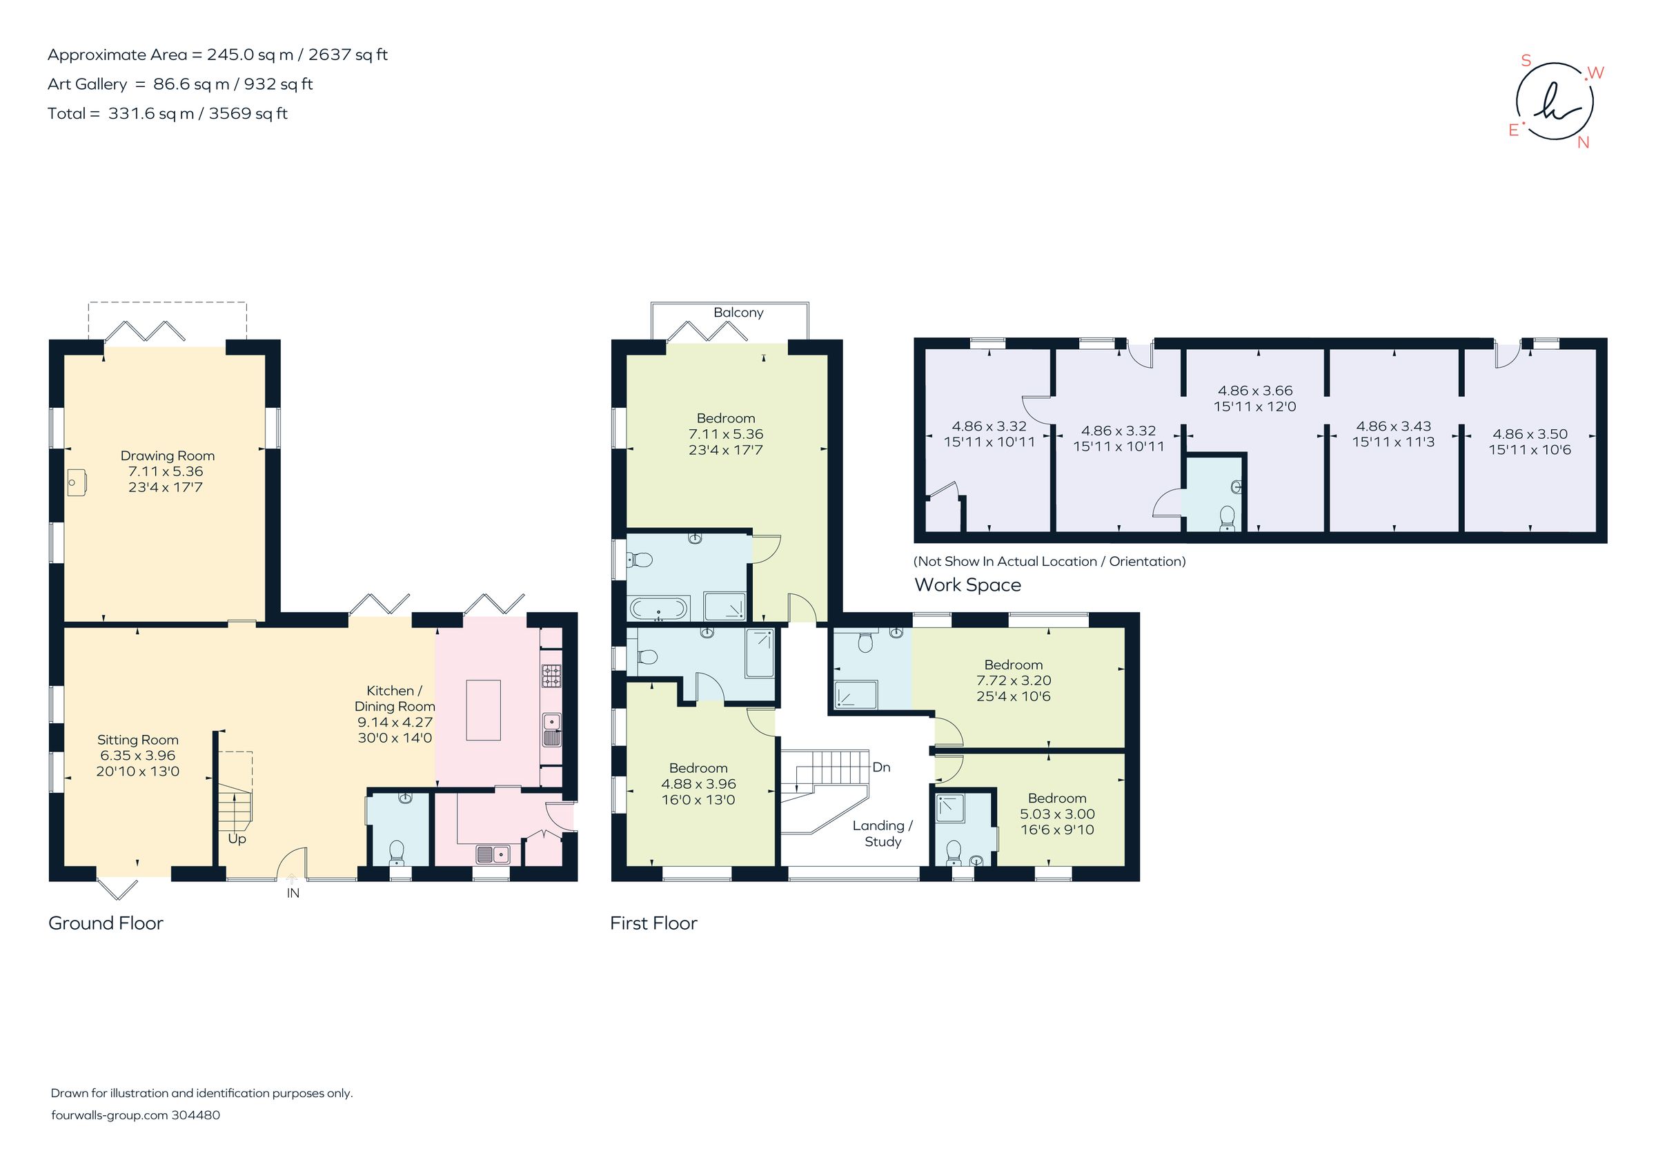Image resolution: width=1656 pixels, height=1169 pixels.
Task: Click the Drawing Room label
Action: click(168, 455)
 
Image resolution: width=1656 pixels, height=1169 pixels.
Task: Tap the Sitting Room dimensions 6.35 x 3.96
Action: click(137, 755)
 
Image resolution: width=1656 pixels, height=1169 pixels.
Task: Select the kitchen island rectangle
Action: click(483, 709)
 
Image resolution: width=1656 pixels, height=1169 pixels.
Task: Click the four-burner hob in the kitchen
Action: click(552, 676)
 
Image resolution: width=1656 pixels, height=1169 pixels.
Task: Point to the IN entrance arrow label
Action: click(293, 893)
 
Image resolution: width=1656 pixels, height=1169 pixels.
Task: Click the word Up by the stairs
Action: click(237, 838)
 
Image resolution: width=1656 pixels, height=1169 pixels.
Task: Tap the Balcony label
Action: click(738, 312)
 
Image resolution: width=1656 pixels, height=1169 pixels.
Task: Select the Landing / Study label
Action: click(883, 833)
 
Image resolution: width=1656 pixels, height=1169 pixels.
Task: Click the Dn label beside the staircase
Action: click(880, 767)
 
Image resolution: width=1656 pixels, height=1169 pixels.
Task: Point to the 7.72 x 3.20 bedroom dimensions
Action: click(1014, 680)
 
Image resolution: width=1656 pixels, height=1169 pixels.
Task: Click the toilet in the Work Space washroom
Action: click(1226, 517)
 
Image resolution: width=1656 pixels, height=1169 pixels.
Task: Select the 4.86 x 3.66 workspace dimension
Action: click(1255, 390)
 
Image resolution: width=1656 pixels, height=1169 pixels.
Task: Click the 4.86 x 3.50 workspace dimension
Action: click(1530, 433)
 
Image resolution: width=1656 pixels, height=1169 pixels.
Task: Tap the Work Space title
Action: click(967, 585)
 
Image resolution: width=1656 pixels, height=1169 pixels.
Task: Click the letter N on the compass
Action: click(1583, 142)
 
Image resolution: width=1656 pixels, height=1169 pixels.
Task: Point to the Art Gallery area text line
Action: click(179, 84)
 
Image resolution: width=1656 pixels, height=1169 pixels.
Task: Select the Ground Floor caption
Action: click(106, 923)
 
